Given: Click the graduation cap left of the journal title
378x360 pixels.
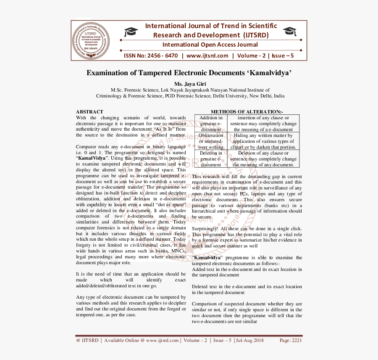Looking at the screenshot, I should point(131,32).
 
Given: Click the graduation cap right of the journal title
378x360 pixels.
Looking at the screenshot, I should point(289,31).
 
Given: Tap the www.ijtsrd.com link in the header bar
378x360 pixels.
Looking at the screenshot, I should point(207,56).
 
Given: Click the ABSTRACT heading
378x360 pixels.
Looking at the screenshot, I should point(89,112).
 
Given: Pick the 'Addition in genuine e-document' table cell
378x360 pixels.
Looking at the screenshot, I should point(211,124).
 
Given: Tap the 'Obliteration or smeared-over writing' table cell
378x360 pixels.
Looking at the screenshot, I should point(211,141).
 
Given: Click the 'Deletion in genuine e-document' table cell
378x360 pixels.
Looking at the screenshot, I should point(211,159).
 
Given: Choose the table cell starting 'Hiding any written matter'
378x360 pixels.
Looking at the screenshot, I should point(263,141).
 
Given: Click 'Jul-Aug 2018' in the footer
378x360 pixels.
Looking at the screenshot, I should point(249,340).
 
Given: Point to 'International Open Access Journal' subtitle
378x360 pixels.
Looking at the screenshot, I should point(210,45).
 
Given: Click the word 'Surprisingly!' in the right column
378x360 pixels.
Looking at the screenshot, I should point(205,229).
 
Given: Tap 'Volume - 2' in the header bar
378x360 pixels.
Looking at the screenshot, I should point(250,56).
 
